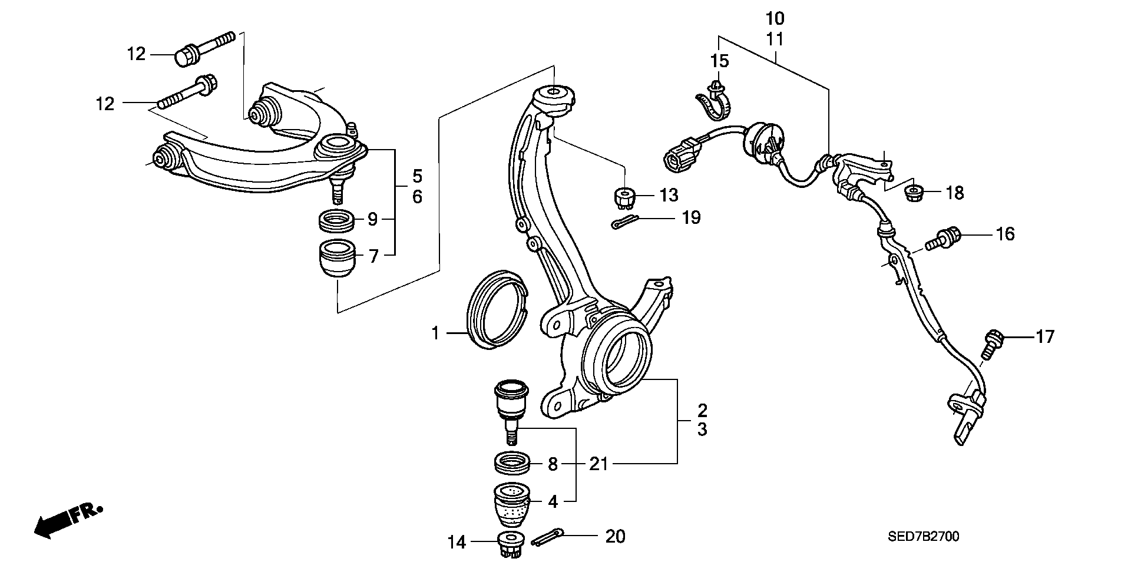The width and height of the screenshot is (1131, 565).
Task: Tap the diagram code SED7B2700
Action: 924,536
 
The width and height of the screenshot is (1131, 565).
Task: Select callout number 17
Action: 1044,337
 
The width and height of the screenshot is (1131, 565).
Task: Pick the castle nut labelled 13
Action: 625,197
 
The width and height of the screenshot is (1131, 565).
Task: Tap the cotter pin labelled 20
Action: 548,537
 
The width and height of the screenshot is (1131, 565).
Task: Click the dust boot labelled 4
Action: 512,505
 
